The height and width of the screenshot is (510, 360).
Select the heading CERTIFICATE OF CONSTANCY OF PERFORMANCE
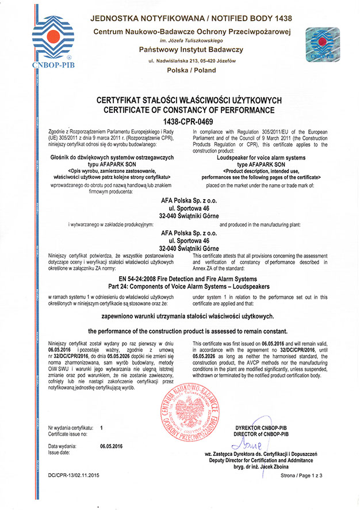pyautogui.click(x=180, y=109)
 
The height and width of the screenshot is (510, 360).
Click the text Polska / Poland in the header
pyautogui.click(x=190, y=71)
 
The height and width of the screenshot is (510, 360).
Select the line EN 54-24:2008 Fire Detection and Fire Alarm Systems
pyautogui.click(x=180, y=278)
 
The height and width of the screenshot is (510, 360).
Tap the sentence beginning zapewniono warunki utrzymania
pyautogui.click(x=180, y=316)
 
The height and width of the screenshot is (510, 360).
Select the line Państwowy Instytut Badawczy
pyautogui.click(x=190, y=50)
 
